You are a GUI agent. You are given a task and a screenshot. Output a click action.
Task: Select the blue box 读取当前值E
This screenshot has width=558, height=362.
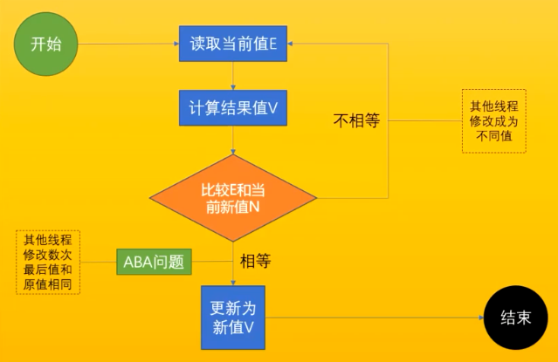tap(234, 40)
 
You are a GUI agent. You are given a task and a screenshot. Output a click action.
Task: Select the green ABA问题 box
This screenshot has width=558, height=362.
tap(154, 261)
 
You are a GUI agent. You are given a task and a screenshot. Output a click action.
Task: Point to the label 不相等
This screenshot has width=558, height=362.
tap(356, 122)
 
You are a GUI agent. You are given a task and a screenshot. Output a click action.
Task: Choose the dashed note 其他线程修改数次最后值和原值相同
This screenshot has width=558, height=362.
tap(47, 262)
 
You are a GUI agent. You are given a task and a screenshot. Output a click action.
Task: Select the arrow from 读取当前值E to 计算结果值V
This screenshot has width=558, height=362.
tap(233, 76)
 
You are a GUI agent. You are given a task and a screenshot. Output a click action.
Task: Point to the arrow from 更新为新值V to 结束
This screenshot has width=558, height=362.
tap(375, 318)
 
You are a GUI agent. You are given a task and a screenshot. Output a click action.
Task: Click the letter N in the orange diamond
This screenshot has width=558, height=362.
tap(256, 207)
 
